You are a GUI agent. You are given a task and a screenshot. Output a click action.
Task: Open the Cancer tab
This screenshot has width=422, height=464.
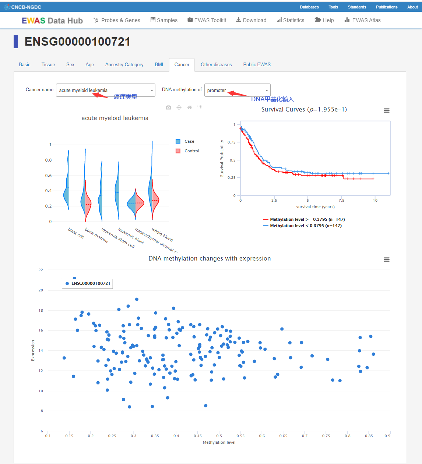[x=182, y=65]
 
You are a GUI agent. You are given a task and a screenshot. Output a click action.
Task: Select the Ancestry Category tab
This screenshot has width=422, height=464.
[x=124, y=65]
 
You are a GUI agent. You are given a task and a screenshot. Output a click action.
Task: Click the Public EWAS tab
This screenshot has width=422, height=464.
[x=257, y=65]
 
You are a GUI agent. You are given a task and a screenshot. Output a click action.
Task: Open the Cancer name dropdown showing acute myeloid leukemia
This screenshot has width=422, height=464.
[x=105, y=90]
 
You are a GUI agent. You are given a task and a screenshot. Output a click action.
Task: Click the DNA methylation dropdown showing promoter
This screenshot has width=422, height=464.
[x=237, y=90]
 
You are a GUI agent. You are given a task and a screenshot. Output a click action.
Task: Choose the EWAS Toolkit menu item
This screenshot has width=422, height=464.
[x=207, y=20]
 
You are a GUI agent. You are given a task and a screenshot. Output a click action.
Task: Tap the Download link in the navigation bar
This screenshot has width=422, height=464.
[x=251, y=20]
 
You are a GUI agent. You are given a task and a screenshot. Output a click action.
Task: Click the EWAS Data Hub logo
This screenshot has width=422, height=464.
[x=52, y=21]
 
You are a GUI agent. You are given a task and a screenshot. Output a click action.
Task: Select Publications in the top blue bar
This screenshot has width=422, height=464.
[x=386, y=7]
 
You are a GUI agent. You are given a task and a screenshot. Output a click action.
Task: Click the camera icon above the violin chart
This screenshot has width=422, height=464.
[x=168, y=107]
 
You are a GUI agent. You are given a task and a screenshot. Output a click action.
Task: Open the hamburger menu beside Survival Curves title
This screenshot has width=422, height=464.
[x=386, y=110]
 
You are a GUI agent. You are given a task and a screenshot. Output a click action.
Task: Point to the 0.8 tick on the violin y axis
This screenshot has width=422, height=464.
[x=48, y=160]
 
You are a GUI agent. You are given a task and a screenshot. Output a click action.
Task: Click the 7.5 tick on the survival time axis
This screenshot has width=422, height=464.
[x=341, y=200]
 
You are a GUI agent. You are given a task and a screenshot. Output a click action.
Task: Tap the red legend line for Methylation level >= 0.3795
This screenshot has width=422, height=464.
[x=265, y=219]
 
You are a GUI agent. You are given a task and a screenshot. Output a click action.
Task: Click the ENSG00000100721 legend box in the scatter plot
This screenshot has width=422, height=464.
[x=88, y=283]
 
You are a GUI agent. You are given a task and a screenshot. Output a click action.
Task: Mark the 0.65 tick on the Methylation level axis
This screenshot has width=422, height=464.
[x=283, y=436]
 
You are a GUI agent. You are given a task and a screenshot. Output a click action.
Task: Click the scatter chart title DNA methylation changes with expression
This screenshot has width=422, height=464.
[x=210, y=258]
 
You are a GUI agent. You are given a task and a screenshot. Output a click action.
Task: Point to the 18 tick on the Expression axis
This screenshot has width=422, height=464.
[x=41, y=310]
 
